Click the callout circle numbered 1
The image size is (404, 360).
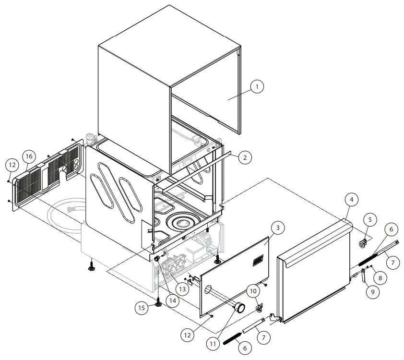point(257,87)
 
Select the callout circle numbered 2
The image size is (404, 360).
point(244,157)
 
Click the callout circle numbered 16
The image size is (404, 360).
point(29,156)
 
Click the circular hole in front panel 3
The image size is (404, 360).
point(207,290)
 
